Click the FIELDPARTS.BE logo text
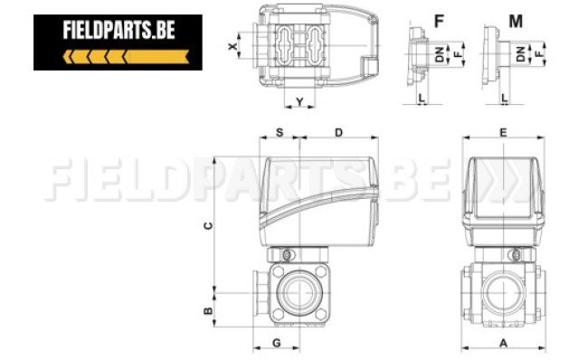click(119, 31)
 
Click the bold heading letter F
click(440, 19)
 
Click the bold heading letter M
click(515, 19)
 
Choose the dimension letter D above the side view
click(338, 133)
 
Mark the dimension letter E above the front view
click(503, 132)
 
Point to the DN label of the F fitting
click(441, 55)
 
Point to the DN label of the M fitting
click(522, 53)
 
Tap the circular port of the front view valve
click(502, 292)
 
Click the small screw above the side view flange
click(289, 254)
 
